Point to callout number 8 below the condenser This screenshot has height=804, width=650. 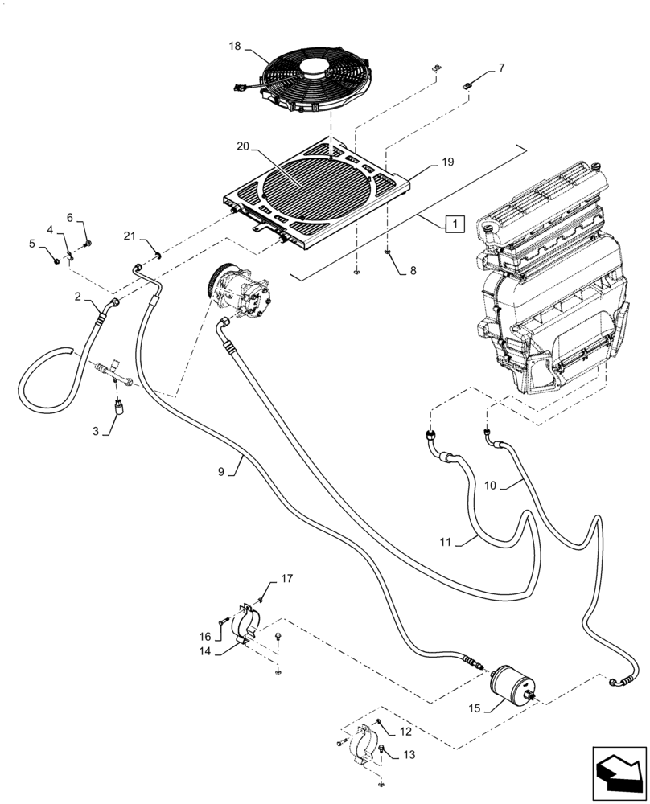[412, 271]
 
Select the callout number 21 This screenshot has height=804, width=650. [130, 234]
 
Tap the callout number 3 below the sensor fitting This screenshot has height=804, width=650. [96, 432]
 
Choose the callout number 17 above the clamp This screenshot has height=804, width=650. [287, 579]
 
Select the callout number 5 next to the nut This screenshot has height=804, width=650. [33, 243]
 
